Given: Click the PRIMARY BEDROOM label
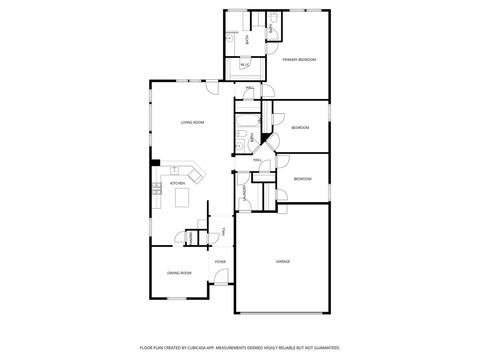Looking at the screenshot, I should click(x=298, y=60).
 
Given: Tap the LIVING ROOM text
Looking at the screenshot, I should click(x=192, y=122).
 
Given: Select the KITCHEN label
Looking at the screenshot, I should click(x=177, y=183).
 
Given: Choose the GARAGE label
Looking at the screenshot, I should click(x=283, y=261).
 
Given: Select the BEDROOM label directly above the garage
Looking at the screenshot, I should click(x=302, y=179).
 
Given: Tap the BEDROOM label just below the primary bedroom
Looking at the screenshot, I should click(x=300, y=127).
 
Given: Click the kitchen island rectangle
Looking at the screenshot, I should click(x=183, y=198).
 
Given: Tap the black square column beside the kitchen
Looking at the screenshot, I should click(x=155, y=163).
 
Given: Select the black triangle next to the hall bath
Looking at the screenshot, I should click(x=265, y=136).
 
